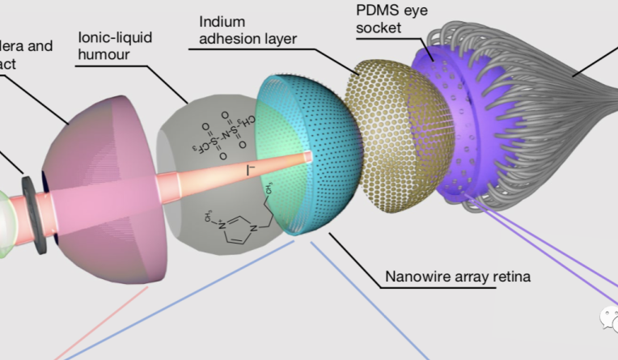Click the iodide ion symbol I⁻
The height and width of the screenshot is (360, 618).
(250, 171)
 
